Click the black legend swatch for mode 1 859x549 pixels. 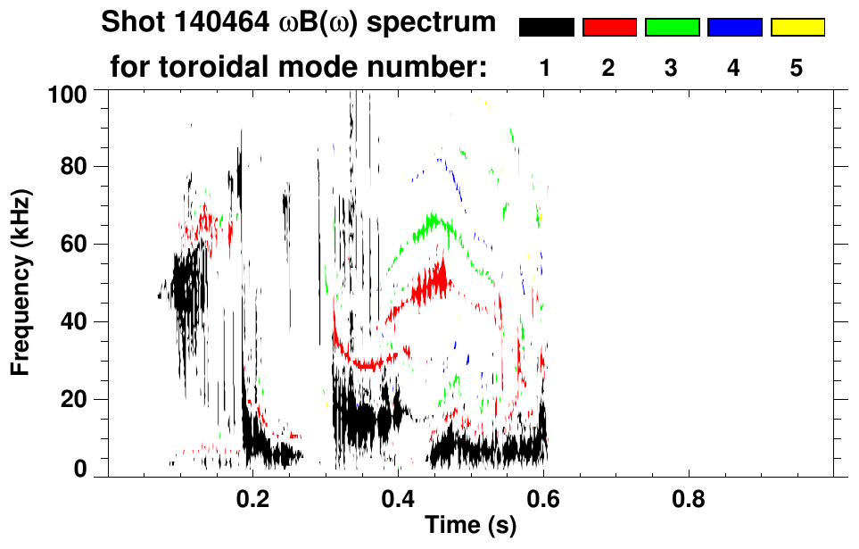click(547, 28)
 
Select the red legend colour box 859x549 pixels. click(609, 28)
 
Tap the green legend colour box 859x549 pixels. click(672, 28)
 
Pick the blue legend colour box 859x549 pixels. click(734, 28)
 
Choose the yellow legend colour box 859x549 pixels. click(797, 28)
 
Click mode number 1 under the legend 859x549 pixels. click(546, 68)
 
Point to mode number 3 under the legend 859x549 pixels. click(671, 68)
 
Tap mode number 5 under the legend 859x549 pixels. click(797, 68)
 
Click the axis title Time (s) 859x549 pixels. click(470, 526)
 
